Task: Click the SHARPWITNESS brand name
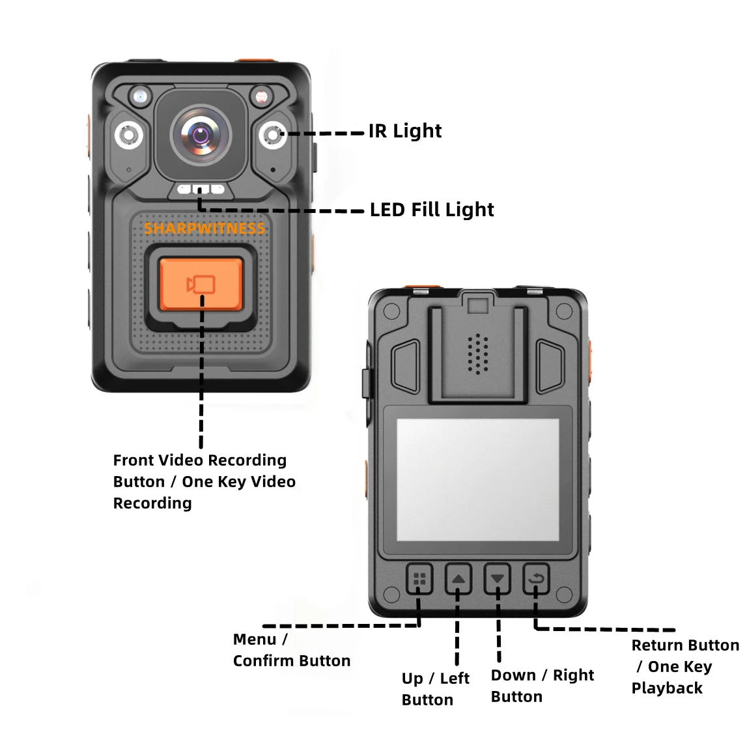pos(204,229)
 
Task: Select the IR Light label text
pos(405,131)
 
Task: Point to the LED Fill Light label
pos(432,210)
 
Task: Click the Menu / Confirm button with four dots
pos(420,578)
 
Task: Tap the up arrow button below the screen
pos(458,578)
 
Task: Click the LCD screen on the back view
pos(477,480)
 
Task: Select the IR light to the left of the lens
pos(128,135)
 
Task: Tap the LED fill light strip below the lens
pos(200,190)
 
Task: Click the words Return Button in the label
pos(685,645)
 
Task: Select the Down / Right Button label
pos(542,686)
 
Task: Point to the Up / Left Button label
pos(435,689)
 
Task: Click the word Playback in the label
pos(667,688)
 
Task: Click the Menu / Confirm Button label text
pos(291,650)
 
